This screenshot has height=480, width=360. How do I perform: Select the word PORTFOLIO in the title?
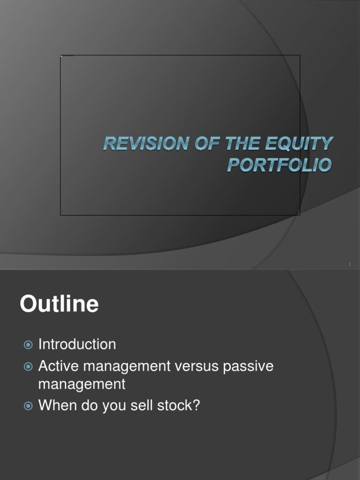click(280, 165)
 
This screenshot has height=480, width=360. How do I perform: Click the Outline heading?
click(59, 304)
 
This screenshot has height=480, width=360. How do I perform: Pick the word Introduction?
click(77, 344)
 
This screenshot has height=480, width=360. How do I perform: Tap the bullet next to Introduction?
click(28, 345)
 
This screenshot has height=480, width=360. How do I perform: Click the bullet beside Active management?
click(28, 367)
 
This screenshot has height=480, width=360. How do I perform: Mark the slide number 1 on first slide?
click(350, 265)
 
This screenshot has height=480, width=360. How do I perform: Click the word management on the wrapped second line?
click(82, 385)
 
